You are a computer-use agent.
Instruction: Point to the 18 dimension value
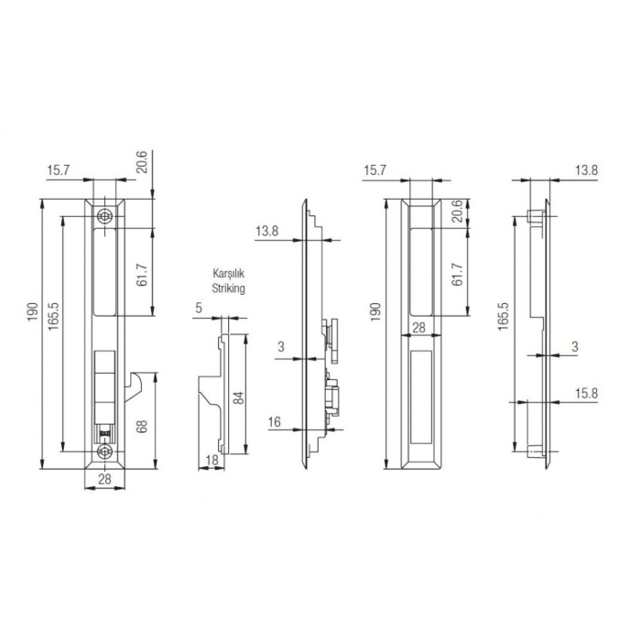tap(211, 460)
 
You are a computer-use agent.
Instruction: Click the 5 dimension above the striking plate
tap(199, 309)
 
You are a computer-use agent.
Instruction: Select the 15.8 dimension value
tap(586, 393)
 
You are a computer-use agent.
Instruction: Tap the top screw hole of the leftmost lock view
tap(107, 216)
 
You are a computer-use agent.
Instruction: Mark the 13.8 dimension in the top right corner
tap(586, 170)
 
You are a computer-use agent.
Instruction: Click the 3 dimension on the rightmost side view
tap(574, 346)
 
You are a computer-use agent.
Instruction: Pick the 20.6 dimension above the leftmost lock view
tap(142, 163)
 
